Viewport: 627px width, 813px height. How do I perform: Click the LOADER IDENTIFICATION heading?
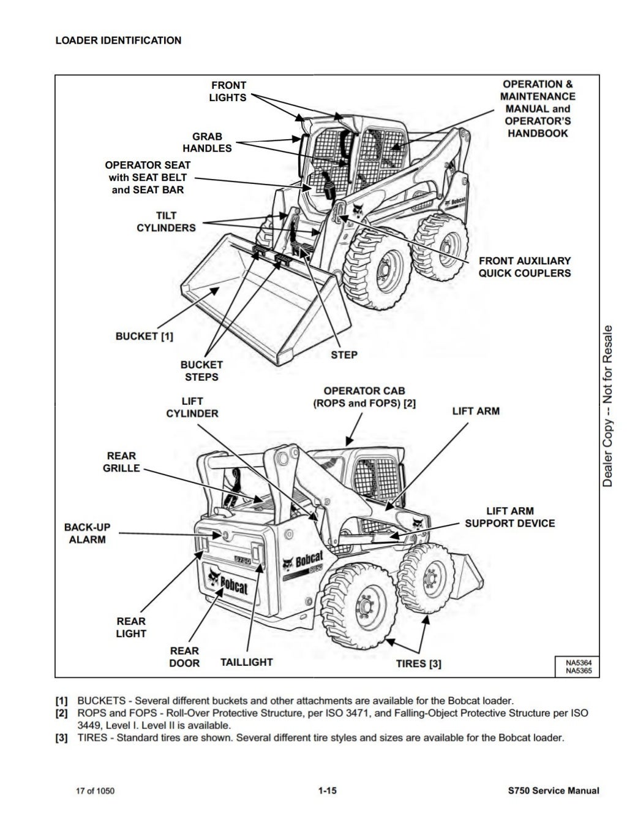pyautogui.click(x=118, y=40)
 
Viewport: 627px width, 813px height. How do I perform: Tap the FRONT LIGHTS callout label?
pyautogui.click(x=228, y=91)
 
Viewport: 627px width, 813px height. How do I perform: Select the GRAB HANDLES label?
pyautogui.click(x=207, y=142)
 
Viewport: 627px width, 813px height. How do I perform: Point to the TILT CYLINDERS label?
pyautogui.click(x=166, y=222)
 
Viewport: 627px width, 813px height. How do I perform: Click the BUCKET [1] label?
pyautogui.click(x=145, y=336)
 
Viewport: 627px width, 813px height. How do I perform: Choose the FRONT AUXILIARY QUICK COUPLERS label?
pyautogui.click(x=524, y=267)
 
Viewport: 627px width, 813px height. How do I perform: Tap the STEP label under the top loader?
pyautogui.click(x=344, y=355)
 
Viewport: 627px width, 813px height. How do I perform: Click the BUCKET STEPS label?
pyautogui.click(x=201, y=371)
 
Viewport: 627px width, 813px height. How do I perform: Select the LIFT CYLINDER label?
pyautogui.click(x=192, y=408)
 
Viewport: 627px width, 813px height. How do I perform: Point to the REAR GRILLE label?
pyautogui.click(x=121, y=462)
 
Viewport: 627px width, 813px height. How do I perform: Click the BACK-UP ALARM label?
pyautogui.click(x=87, y=533)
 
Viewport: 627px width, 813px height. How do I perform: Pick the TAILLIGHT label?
pyautogui.click(x=246, y=662)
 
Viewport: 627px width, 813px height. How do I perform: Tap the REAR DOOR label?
pyautogui.click(x=184, y=657)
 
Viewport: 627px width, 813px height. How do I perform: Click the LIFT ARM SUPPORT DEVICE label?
pyautogui.click(x=509, y=517)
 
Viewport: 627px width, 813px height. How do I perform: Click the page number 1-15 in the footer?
pyautogui.click(x=327, y=791)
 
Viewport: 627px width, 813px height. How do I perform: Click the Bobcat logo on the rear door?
pyautogui.click(x=227, y=582)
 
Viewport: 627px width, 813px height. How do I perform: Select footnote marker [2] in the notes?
pyautogui.click(x=61, y=713)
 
